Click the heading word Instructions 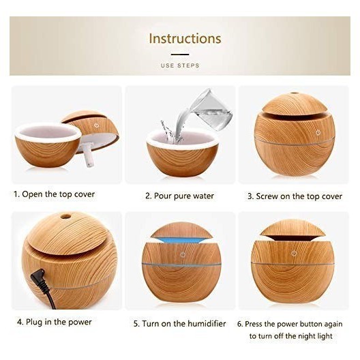(185, 38)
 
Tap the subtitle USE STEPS (180, 65)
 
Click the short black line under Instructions (180, 55)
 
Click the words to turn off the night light (290, 336)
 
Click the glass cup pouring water (211, 110)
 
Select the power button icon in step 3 (318, 132)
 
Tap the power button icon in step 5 (183, 254)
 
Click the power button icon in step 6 (294, 254)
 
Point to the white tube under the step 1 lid (89, 155)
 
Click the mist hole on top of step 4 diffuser (65, 216)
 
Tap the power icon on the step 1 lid (96, 125)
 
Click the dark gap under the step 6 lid (292, 238)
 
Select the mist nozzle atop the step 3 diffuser (294, 93)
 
